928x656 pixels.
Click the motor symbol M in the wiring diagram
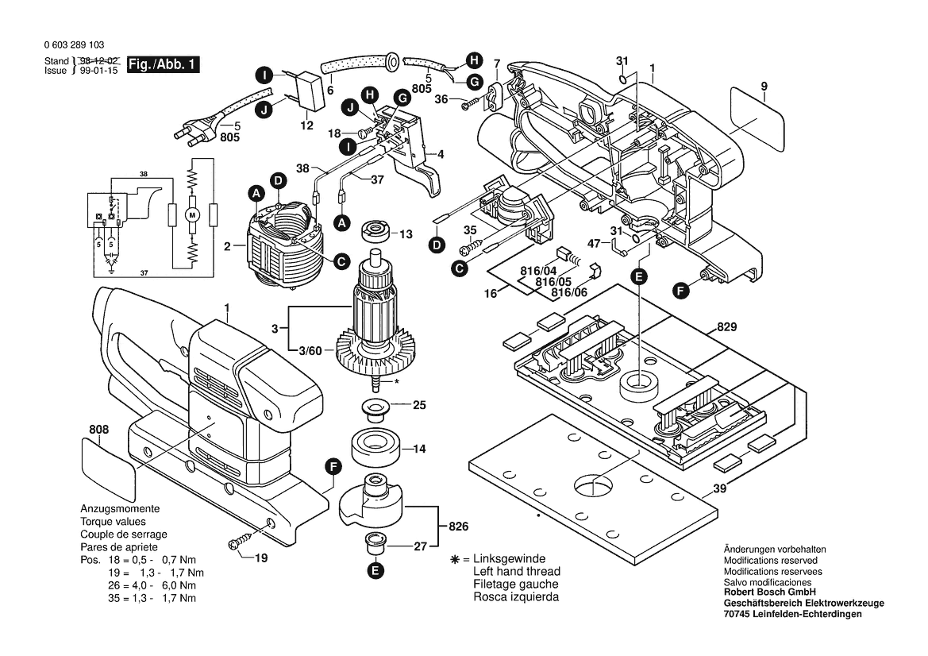coord(191,214)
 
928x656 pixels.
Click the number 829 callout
coord(717,326)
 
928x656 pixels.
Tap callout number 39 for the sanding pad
coord(719,489)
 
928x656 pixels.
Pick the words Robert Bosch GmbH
coord(770,592)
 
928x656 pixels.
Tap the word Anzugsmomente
coord(120,508)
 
